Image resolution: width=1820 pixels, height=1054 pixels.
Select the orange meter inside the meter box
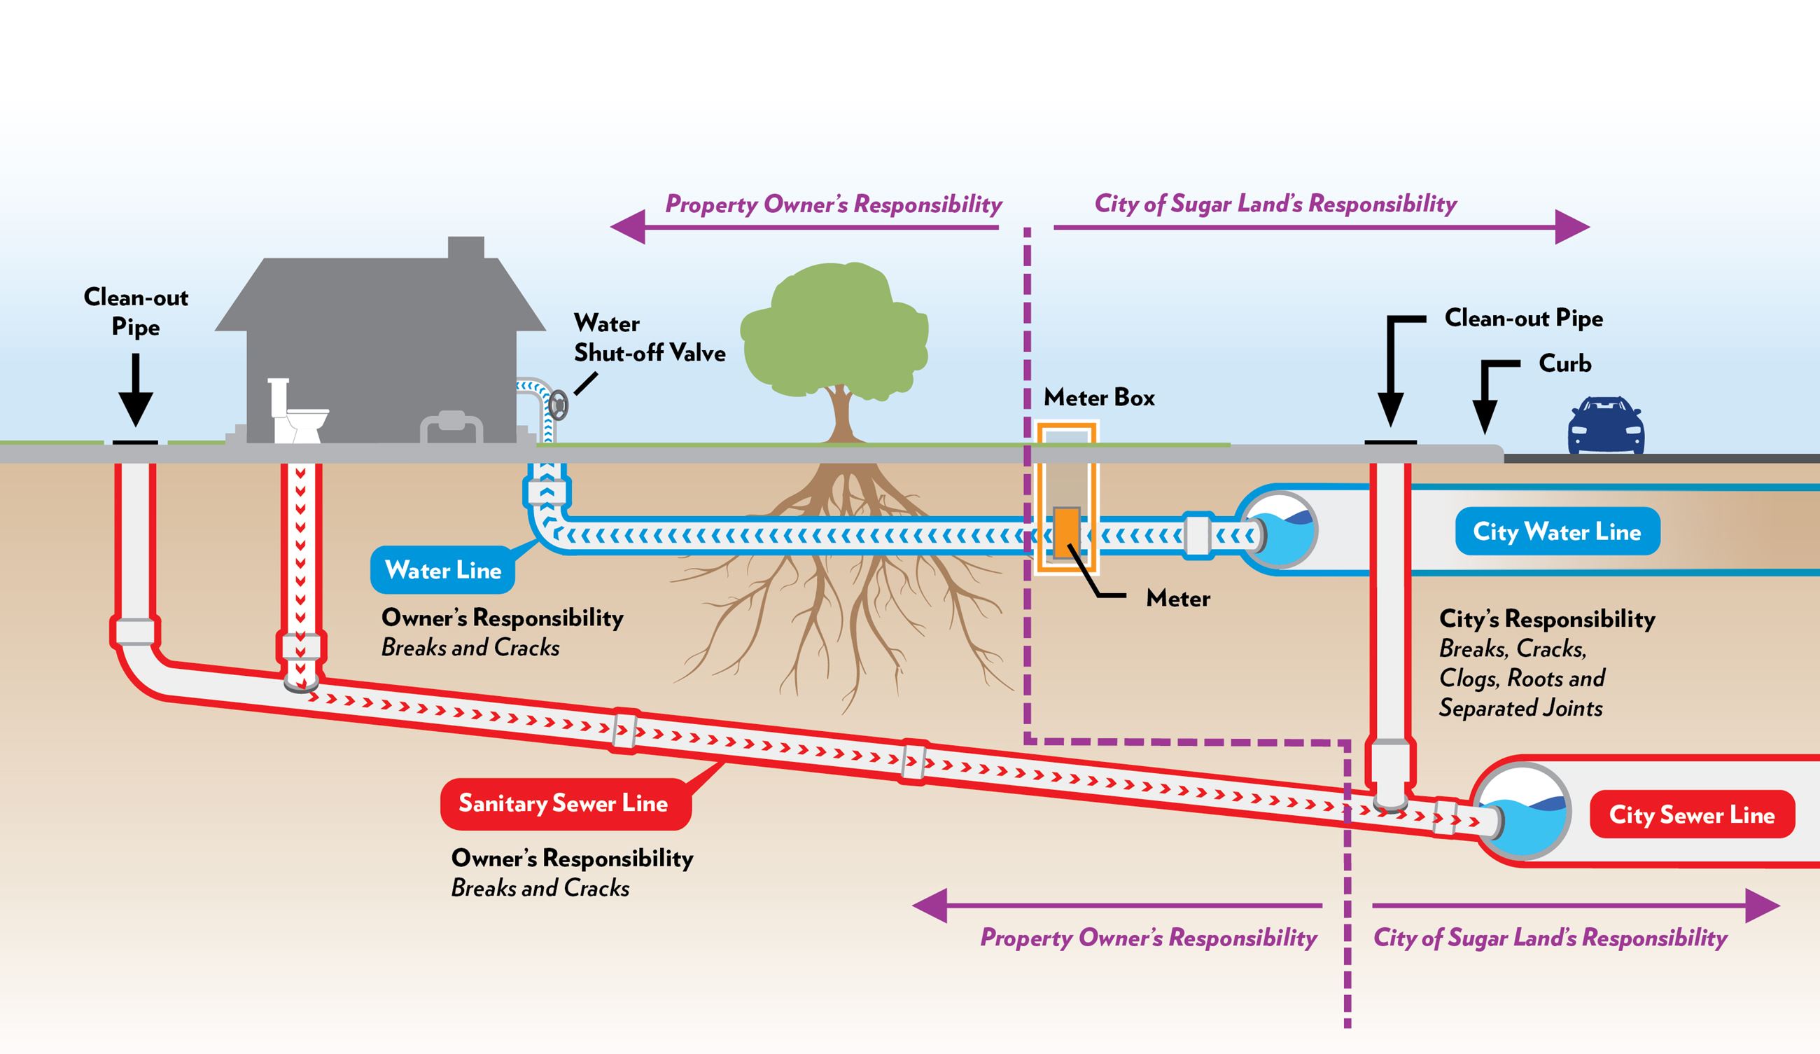click(1066, 533)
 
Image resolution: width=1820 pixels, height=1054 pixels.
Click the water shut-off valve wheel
click(559, 405)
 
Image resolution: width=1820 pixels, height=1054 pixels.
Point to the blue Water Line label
click(442, 570)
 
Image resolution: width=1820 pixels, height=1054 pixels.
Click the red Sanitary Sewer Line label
click(565, 803)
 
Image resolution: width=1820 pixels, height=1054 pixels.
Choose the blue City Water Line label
click(1556, 532)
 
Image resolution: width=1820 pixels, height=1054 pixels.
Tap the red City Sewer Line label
click(1691, 815)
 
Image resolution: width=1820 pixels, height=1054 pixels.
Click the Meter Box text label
click(1098, 397)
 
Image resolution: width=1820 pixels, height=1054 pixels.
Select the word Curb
click(1564, 363)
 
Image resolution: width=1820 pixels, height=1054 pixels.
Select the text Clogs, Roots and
click(1522, 679)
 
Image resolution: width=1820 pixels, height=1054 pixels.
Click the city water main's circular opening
click(1281, 530)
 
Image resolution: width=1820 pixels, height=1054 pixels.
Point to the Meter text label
click(1177, 598)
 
